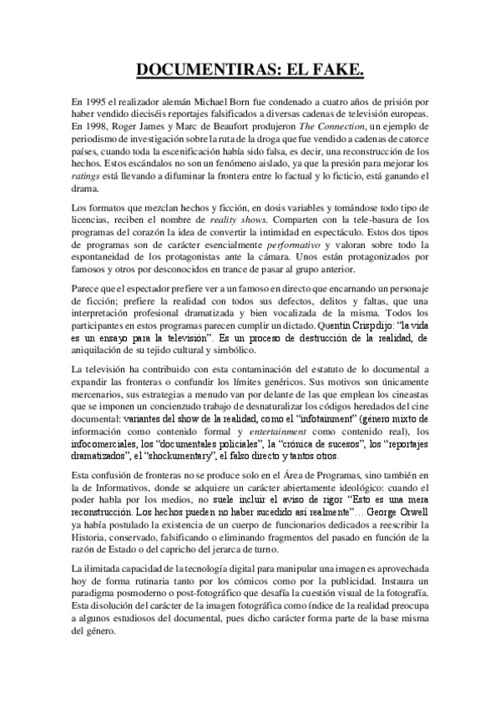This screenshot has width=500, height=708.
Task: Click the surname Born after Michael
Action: pyautogui.click(x=290, y=101)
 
